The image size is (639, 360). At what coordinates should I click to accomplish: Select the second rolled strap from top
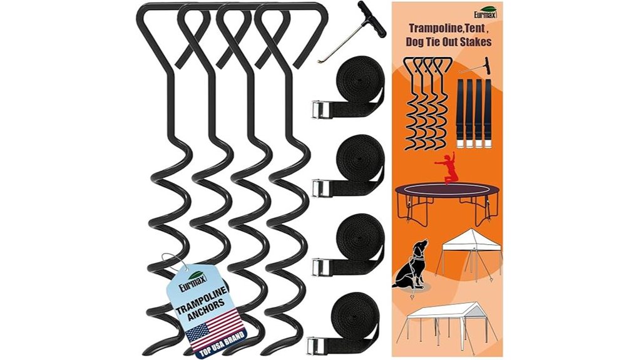(360, 161)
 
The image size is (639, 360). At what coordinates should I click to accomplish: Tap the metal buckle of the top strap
(319, 110)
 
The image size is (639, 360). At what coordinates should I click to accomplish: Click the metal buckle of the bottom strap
(319, 344)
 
